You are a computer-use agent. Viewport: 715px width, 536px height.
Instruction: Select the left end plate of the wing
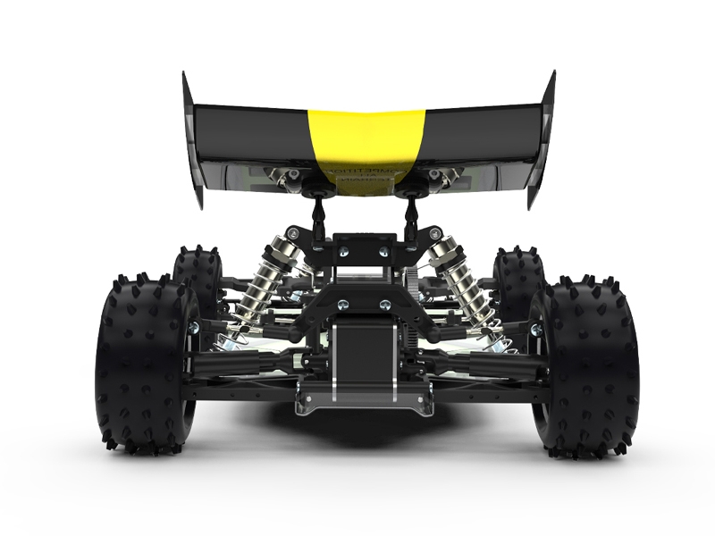[191, 138]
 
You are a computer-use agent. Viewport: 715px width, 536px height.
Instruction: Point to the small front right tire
[518, 277]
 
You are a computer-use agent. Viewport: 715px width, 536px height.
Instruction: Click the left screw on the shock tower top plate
[337, 253]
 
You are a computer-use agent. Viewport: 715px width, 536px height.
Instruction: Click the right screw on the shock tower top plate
[384, 253]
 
